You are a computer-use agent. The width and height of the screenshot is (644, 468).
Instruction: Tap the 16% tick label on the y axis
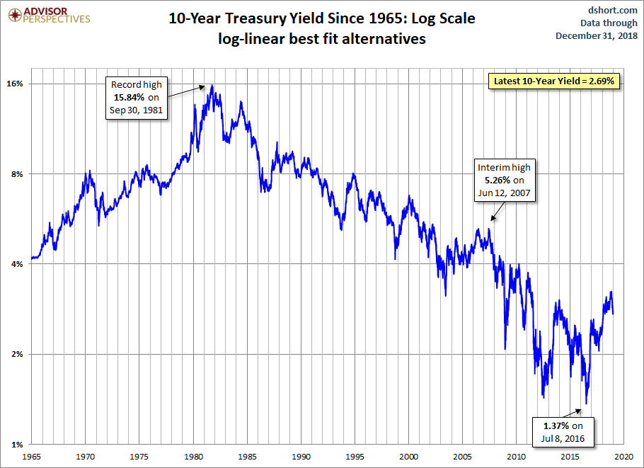(x=16, y=84)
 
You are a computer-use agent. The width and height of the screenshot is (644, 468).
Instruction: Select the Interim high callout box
(x=503, y=180)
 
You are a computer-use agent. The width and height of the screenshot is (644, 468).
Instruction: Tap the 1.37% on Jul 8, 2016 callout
(x=558, y=431)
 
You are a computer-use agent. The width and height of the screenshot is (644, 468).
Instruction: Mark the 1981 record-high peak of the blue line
(x=212, y=85)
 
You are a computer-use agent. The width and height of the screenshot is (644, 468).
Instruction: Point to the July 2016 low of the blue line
(x=587, y=404)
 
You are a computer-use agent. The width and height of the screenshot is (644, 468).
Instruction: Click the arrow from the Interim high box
(x=496, y=210)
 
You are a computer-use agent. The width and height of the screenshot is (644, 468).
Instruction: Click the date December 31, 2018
(x=597, y=35)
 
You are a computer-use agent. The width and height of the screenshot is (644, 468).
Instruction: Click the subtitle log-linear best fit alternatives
(x=321, y=39)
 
